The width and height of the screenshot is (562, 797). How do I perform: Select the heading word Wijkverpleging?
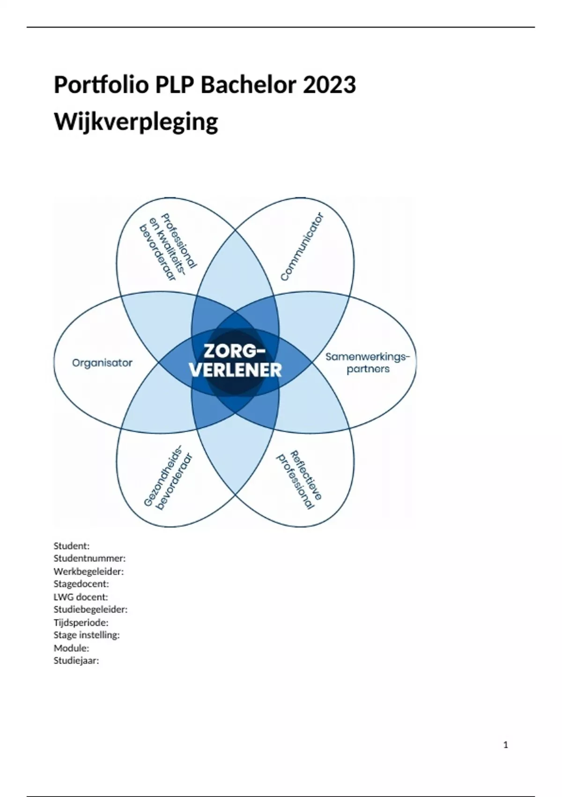pyautogui.click(x=136, y=122)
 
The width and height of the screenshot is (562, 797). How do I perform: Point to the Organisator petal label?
pyautogui.click(x=102, y=362)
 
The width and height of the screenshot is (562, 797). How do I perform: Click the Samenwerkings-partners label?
pyautogui.click(x=368, y=363)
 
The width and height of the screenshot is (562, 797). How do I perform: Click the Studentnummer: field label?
pyautogui.click(x=89, y=558)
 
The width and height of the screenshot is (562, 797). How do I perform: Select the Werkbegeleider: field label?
pyautogui.click(x=89, y=571)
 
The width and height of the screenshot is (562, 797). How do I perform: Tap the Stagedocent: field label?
pyautogui.click(x=81, y=584)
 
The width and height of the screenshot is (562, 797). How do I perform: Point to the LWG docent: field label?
pyautogui.click(x=81, y=597)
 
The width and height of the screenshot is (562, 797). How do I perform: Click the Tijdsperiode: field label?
pyautogui.click(x=81, y=623)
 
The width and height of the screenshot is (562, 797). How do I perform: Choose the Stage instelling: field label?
pyautogui.click(x=87, y=635)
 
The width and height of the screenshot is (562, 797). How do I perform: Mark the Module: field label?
pyautogui.click(x=71, y=648)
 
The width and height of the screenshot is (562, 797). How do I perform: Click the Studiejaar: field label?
pyautogui.click(x=76, y=661)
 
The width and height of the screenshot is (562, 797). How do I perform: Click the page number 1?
pyautogui.click(x=505, y=745)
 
